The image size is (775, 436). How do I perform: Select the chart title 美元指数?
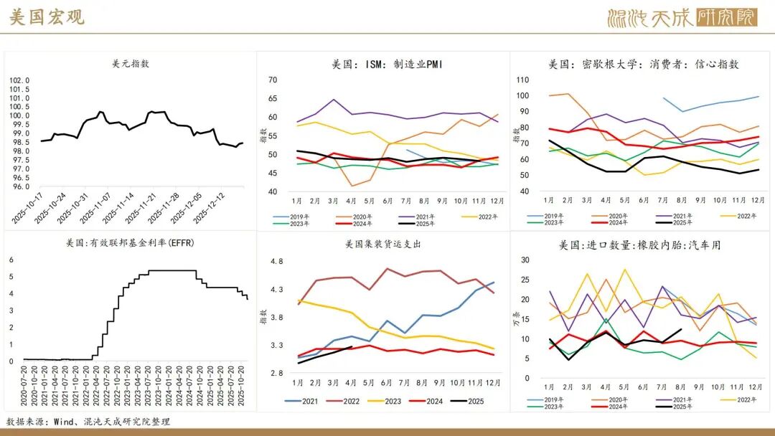point(131,64)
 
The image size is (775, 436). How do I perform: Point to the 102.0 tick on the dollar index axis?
point(19,81)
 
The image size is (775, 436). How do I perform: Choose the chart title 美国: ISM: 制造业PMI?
point(387,65)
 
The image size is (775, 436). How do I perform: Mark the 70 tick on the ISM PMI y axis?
point(273,80)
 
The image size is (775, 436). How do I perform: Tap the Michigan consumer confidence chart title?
point(644,65)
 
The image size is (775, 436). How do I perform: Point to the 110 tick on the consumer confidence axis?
point(522,80)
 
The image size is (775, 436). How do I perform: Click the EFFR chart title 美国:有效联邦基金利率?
point(130,243)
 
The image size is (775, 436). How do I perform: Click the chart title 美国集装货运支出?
point(382,245)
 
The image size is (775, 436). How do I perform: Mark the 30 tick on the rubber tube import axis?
point(525,260)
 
